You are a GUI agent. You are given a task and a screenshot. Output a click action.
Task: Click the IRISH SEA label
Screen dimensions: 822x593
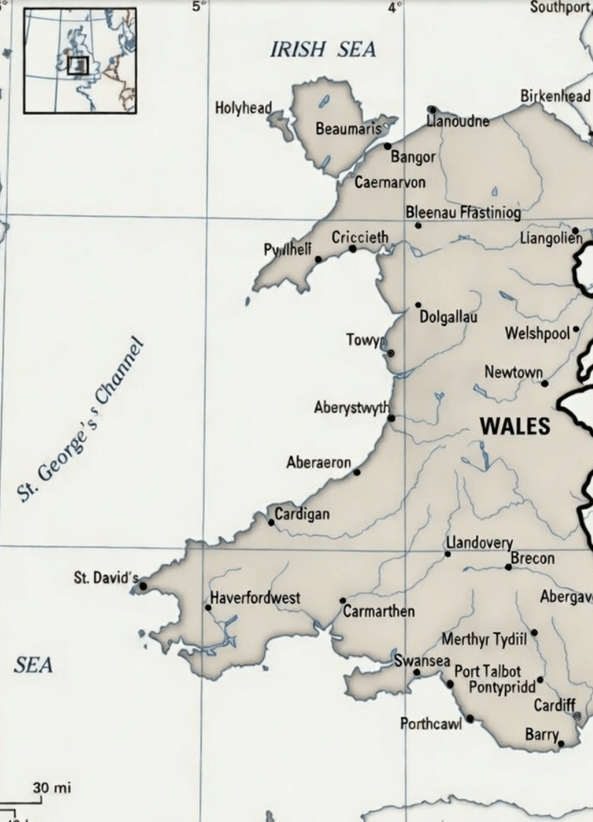[x=323, y=50]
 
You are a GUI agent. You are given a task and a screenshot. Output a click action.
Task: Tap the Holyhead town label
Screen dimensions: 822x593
[x=242, y=108]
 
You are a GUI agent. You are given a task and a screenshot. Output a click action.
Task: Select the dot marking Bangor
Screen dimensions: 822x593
[x=388, y=146]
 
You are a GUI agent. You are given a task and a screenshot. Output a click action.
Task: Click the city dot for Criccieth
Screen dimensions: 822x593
[x=353, y=249]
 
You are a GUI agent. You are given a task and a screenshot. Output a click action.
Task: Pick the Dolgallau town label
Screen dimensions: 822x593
[x=448, y=317]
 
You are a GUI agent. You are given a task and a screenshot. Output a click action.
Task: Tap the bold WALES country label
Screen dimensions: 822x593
[x=515, y=426]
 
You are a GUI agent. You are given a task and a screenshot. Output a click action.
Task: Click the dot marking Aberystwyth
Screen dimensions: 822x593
[x=391, y=418]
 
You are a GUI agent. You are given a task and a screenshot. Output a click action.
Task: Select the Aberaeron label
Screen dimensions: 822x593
[x=318, y=463]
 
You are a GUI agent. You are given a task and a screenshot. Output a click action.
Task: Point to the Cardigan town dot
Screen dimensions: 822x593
[x=271, y=523]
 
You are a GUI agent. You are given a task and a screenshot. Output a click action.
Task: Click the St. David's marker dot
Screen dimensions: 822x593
[x=143, y=587]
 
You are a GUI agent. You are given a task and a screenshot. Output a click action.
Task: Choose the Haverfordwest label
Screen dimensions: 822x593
[x=256, y=598]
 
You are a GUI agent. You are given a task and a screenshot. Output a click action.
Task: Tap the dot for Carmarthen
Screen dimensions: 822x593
[x=343, y=600]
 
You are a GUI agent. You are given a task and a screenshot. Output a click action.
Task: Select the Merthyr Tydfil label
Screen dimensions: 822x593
[x=484, y=639]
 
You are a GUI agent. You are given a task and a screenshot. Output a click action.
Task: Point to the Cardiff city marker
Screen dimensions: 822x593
[x=577, y=716]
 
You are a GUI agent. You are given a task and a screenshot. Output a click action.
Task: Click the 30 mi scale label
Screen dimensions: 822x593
[x=52, y=788]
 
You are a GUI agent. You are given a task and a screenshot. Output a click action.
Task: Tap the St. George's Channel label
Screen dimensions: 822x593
[x=80, y=420]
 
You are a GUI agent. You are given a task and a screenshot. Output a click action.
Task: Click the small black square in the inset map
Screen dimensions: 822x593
[x=78, y=66]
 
